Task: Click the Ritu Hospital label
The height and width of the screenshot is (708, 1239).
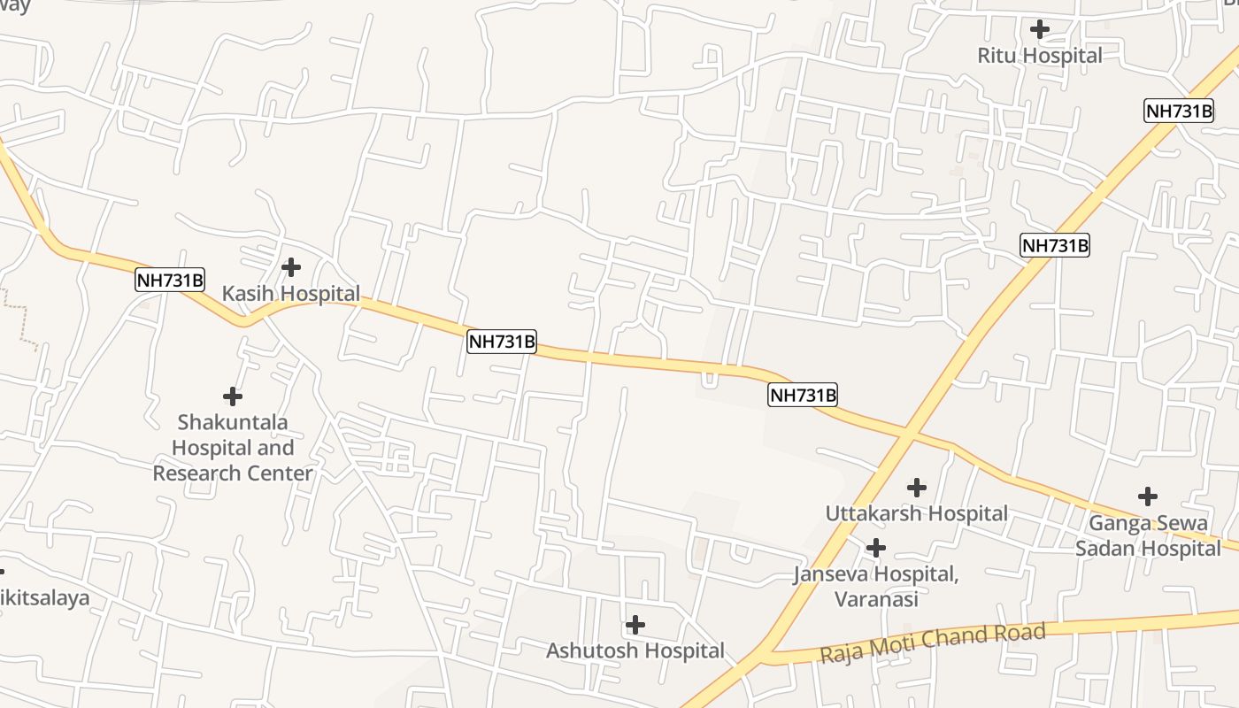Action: point(1040,56)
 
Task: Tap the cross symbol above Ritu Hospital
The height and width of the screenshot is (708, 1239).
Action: point(1040,29)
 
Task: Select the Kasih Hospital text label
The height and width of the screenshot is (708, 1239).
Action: point(290,294)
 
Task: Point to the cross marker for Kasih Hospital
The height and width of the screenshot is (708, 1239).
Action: point(290,266)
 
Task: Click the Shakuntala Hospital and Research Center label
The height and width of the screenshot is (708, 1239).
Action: point(233,448)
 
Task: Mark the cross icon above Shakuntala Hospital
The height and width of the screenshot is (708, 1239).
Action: point(233,396)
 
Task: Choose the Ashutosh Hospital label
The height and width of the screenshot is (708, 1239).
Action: point(635,651)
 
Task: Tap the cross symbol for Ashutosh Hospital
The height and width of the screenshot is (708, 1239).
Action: point(635,625)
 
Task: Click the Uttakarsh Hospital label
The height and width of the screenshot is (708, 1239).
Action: point(916,513)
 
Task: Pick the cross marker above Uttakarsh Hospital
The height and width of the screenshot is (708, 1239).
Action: point(917,487)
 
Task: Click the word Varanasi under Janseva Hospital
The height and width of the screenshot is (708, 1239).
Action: point(875,599)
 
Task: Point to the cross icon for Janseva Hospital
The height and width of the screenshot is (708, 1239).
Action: point(876,548)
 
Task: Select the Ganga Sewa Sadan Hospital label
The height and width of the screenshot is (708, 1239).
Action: point(1148,535)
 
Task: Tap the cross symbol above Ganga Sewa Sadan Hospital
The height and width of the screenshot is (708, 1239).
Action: point(1148,496)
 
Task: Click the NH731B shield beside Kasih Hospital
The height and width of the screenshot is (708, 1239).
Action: point(170,281)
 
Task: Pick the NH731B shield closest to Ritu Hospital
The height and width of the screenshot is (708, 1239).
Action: point(1178,111)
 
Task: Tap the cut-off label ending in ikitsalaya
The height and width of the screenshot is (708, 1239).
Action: point(44,598)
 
